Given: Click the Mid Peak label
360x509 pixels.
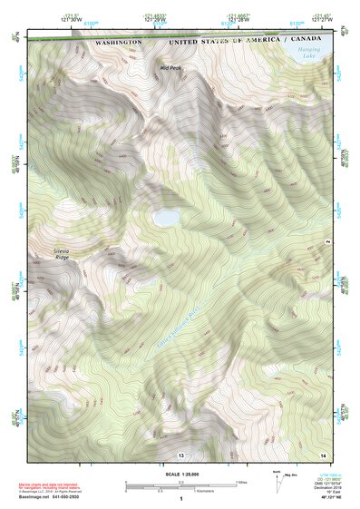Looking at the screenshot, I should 170,67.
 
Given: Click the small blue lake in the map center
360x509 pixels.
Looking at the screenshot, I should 165,219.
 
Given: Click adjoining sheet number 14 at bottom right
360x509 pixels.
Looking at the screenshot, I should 323,454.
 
